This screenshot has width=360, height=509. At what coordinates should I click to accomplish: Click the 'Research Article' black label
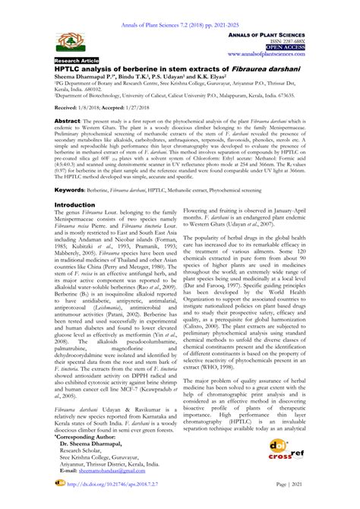coord(74,59)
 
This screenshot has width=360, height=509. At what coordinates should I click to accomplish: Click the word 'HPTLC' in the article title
coord(68,69)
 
